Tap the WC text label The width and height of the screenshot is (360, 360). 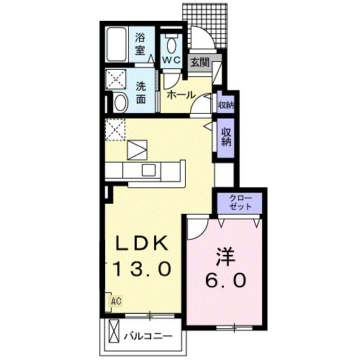click(171, 60)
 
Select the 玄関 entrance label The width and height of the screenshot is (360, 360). click(199, 63)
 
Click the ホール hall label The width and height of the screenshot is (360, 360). click(180, 95)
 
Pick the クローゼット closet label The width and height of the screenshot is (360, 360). click(241, 202)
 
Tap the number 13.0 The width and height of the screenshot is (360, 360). click(142, 269)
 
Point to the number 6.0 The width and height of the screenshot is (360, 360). click(225, 278)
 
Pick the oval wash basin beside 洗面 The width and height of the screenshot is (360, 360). click(120, 102)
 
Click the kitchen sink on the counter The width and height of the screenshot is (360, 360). click(150, 170)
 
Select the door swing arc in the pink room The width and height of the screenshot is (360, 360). click(196, 228)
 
